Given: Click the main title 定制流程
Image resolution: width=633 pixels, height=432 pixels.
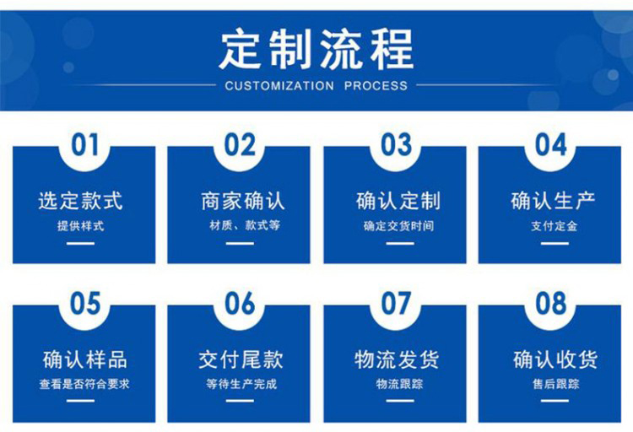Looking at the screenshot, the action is pos(316,50).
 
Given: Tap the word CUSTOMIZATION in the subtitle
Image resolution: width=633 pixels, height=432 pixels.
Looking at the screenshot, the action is pos(279,85).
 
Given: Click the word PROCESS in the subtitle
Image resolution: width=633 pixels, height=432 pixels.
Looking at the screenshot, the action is pos(376,85).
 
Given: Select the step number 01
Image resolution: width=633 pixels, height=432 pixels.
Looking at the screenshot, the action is pos(84,145).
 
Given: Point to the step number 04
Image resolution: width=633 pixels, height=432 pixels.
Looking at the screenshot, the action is pos(550,145).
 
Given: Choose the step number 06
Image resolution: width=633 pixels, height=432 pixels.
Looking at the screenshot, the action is pos(240,303).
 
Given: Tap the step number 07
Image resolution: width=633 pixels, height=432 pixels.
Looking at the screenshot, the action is pos(396,303).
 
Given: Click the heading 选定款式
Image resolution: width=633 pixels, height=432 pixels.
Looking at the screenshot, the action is pos(80,201).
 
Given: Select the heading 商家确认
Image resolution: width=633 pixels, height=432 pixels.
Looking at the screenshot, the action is pos(243,201).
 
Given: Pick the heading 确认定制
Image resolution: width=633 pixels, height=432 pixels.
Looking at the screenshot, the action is pos(398,201).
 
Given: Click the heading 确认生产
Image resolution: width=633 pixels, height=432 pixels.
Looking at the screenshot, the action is pos(553,201).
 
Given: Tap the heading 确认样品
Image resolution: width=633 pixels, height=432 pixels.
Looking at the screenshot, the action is pos(84,359).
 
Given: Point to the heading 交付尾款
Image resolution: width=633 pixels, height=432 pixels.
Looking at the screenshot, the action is pos(241,359).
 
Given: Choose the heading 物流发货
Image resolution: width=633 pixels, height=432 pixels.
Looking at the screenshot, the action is pos(397,359).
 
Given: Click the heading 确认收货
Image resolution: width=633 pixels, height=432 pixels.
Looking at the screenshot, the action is pos(555,359).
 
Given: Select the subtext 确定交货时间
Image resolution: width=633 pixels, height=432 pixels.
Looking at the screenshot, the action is pos(399,225).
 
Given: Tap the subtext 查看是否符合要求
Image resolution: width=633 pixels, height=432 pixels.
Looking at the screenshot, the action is pos(84,384).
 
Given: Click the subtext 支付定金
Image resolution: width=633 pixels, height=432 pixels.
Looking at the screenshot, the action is pos(555,225).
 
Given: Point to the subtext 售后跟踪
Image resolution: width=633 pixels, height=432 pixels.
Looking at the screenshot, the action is pos(556,384).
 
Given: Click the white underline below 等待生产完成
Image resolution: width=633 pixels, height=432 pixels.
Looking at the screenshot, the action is pos(240,401).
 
